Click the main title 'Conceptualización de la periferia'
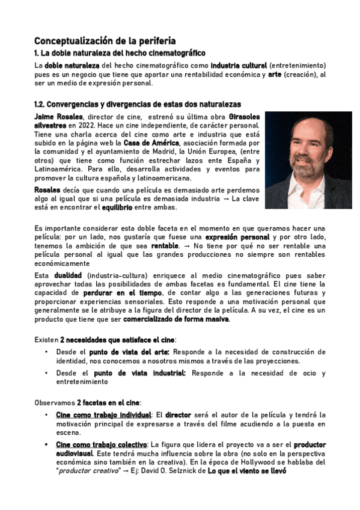point(105,41)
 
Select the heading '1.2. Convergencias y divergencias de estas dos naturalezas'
point(137,104)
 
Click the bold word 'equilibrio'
point(100,207)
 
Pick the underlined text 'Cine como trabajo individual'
point(103,415)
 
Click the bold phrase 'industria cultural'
point(239,64)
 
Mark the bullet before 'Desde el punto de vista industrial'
point(46,373)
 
